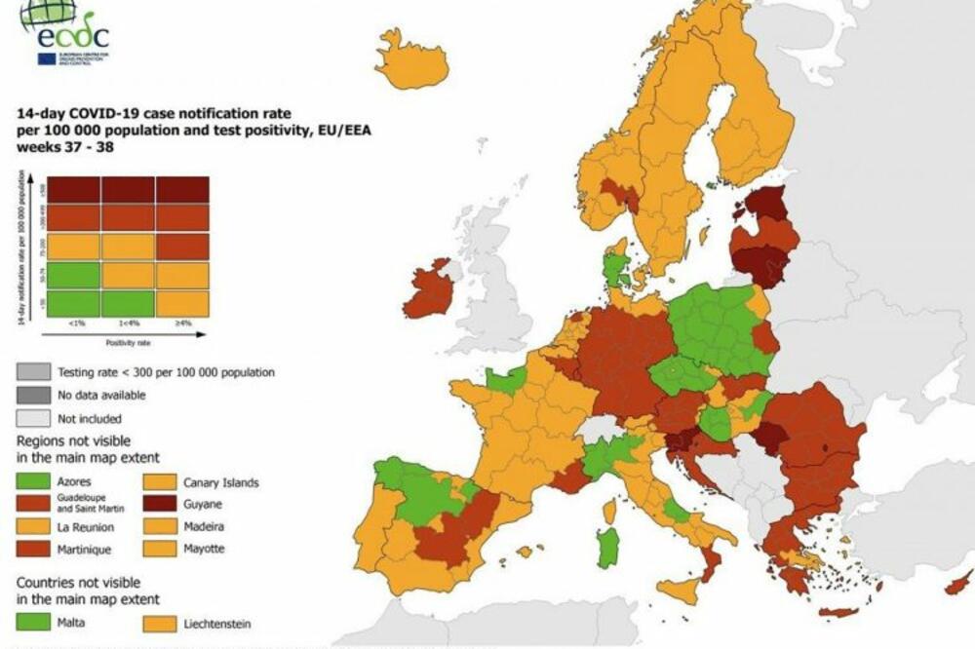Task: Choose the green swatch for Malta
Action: [34, 622]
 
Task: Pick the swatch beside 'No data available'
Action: [34, 395]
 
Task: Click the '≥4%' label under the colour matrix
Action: [181, 324]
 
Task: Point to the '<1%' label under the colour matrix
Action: [74, 324]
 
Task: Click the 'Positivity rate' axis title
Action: [128, 342]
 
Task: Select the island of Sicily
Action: [686, 588]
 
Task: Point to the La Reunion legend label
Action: [86, 528]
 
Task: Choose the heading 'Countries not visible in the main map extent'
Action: [88, 591]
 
